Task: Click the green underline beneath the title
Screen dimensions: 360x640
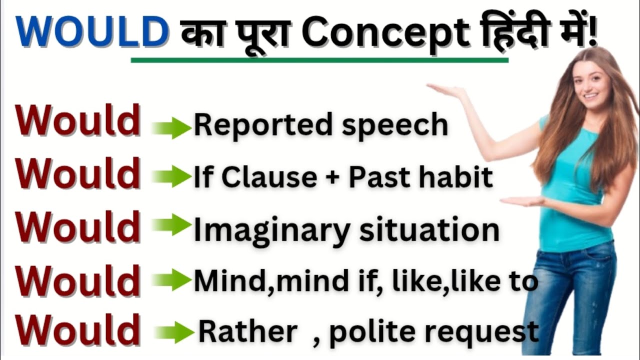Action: pyautogui.click(x=319, y=60)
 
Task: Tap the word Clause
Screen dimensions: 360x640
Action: pyautogui.click(x=268, y=177)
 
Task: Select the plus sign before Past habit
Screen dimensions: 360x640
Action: pyautogui.click(x=332, y=178)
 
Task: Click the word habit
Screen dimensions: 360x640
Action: pyautogui.click(x=460, y=177)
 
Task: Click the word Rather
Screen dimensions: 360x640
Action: pyautogui.click(x=248, y=331)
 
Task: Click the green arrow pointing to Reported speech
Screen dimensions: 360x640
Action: pyautogui.click(x=171, y=128)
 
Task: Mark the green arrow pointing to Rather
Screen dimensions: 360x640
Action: pyautogui.click(x=174, y=332)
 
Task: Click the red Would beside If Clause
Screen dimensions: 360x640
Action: pyautogui.click(x=77, y=173)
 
